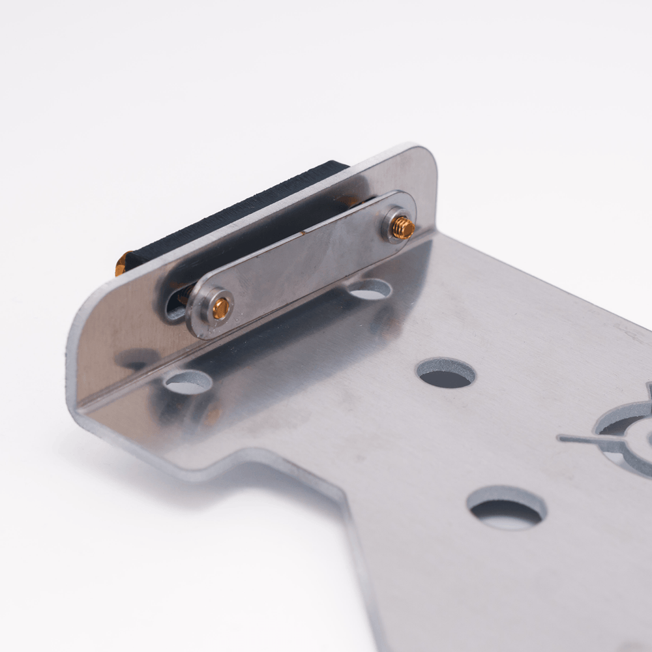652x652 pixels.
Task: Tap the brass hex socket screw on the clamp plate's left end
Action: [x=220, y=308]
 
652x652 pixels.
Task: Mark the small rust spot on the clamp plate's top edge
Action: [x=302, y=231]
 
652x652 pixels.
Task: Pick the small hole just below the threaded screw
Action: [x=370, y=289]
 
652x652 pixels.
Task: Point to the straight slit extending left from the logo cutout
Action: [x=577, y=439]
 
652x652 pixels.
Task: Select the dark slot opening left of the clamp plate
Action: [x=175, y=304]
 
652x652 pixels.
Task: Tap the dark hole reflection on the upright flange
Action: [x=134, y=359]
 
